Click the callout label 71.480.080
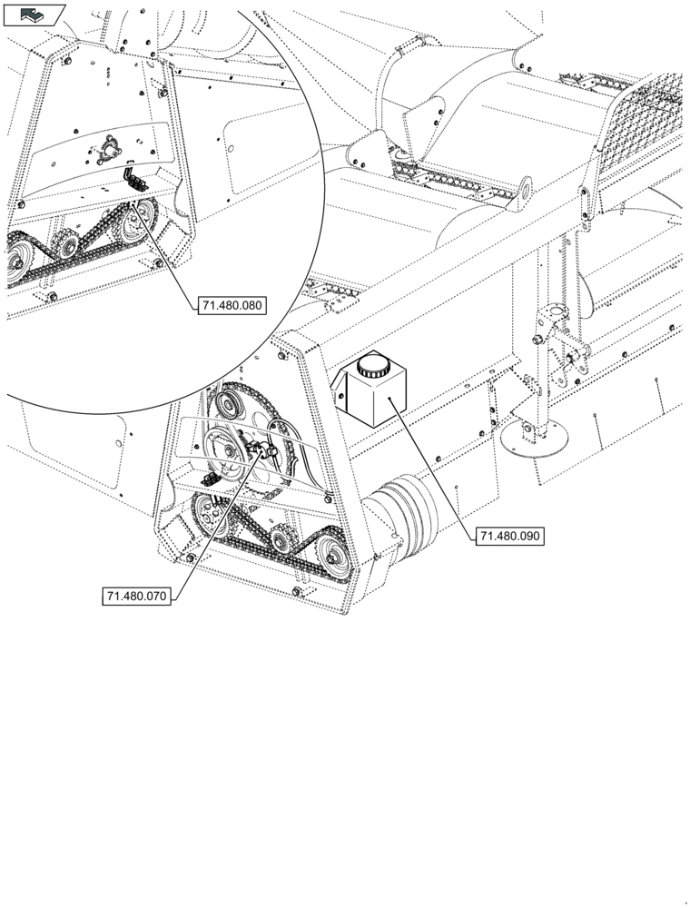[x=232, y=306]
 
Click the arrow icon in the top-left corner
[x=34, y=14]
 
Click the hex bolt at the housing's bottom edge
[x=297, y=593]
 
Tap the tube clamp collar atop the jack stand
[x=554, y=318]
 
